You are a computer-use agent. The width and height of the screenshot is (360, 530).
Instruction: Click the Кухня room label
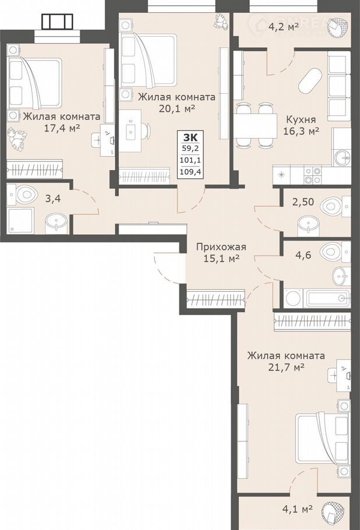[x=301, y=119]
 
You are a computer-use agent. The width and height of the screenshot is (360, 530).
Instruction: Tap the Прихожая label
[x=221, y=247]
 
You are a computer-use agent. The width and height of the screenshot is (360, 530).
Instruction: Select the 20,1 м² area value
[x=177, y=108]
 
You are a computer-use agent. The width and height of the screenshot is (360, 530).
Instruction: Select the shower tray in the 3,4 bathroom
[x=20, y=220]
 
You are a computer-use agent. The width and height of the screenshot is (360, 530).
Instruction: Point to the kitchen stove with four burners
[x=312, y=175]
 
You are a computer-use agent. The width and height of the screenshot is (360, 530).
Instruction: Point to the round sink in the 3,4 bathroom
[x=56, y=223]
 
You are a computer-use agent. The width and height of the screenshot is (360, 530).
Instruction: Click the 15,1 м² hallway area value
[x=221, y=259]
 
